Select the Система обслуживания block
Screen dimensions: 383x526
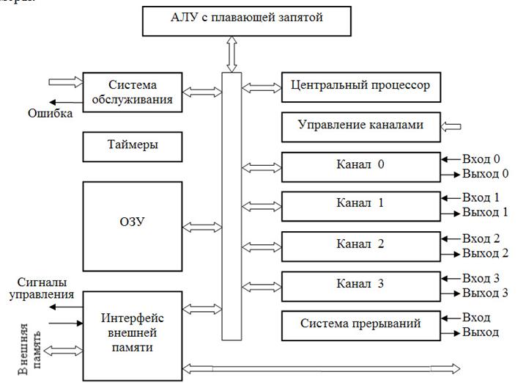tap(132, 91)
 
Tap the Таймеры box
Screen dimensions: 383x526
tap(132, 145)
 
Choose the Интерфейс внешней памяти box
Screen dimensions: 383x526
tap(132, 332)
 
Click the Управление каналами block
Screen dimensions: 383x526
tap(360, 126)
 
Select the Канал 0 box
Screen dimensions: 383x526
tap(360, 165)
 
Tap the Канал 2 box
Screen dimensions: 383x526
tap(360, 244)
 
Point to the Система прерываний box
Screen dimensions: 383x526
tap(360, 324)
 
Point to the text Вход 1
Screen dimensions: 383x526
tap(481, 198)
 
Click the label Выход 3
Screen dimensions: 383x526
tap(485, 293)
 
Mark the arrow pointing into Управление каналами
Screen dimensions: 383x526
tap(453, 126)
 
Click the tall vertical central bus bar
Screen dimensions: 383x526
tap(231, 205)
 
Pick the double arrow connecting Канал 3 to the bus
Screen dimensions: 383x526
tap(261, 285)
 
